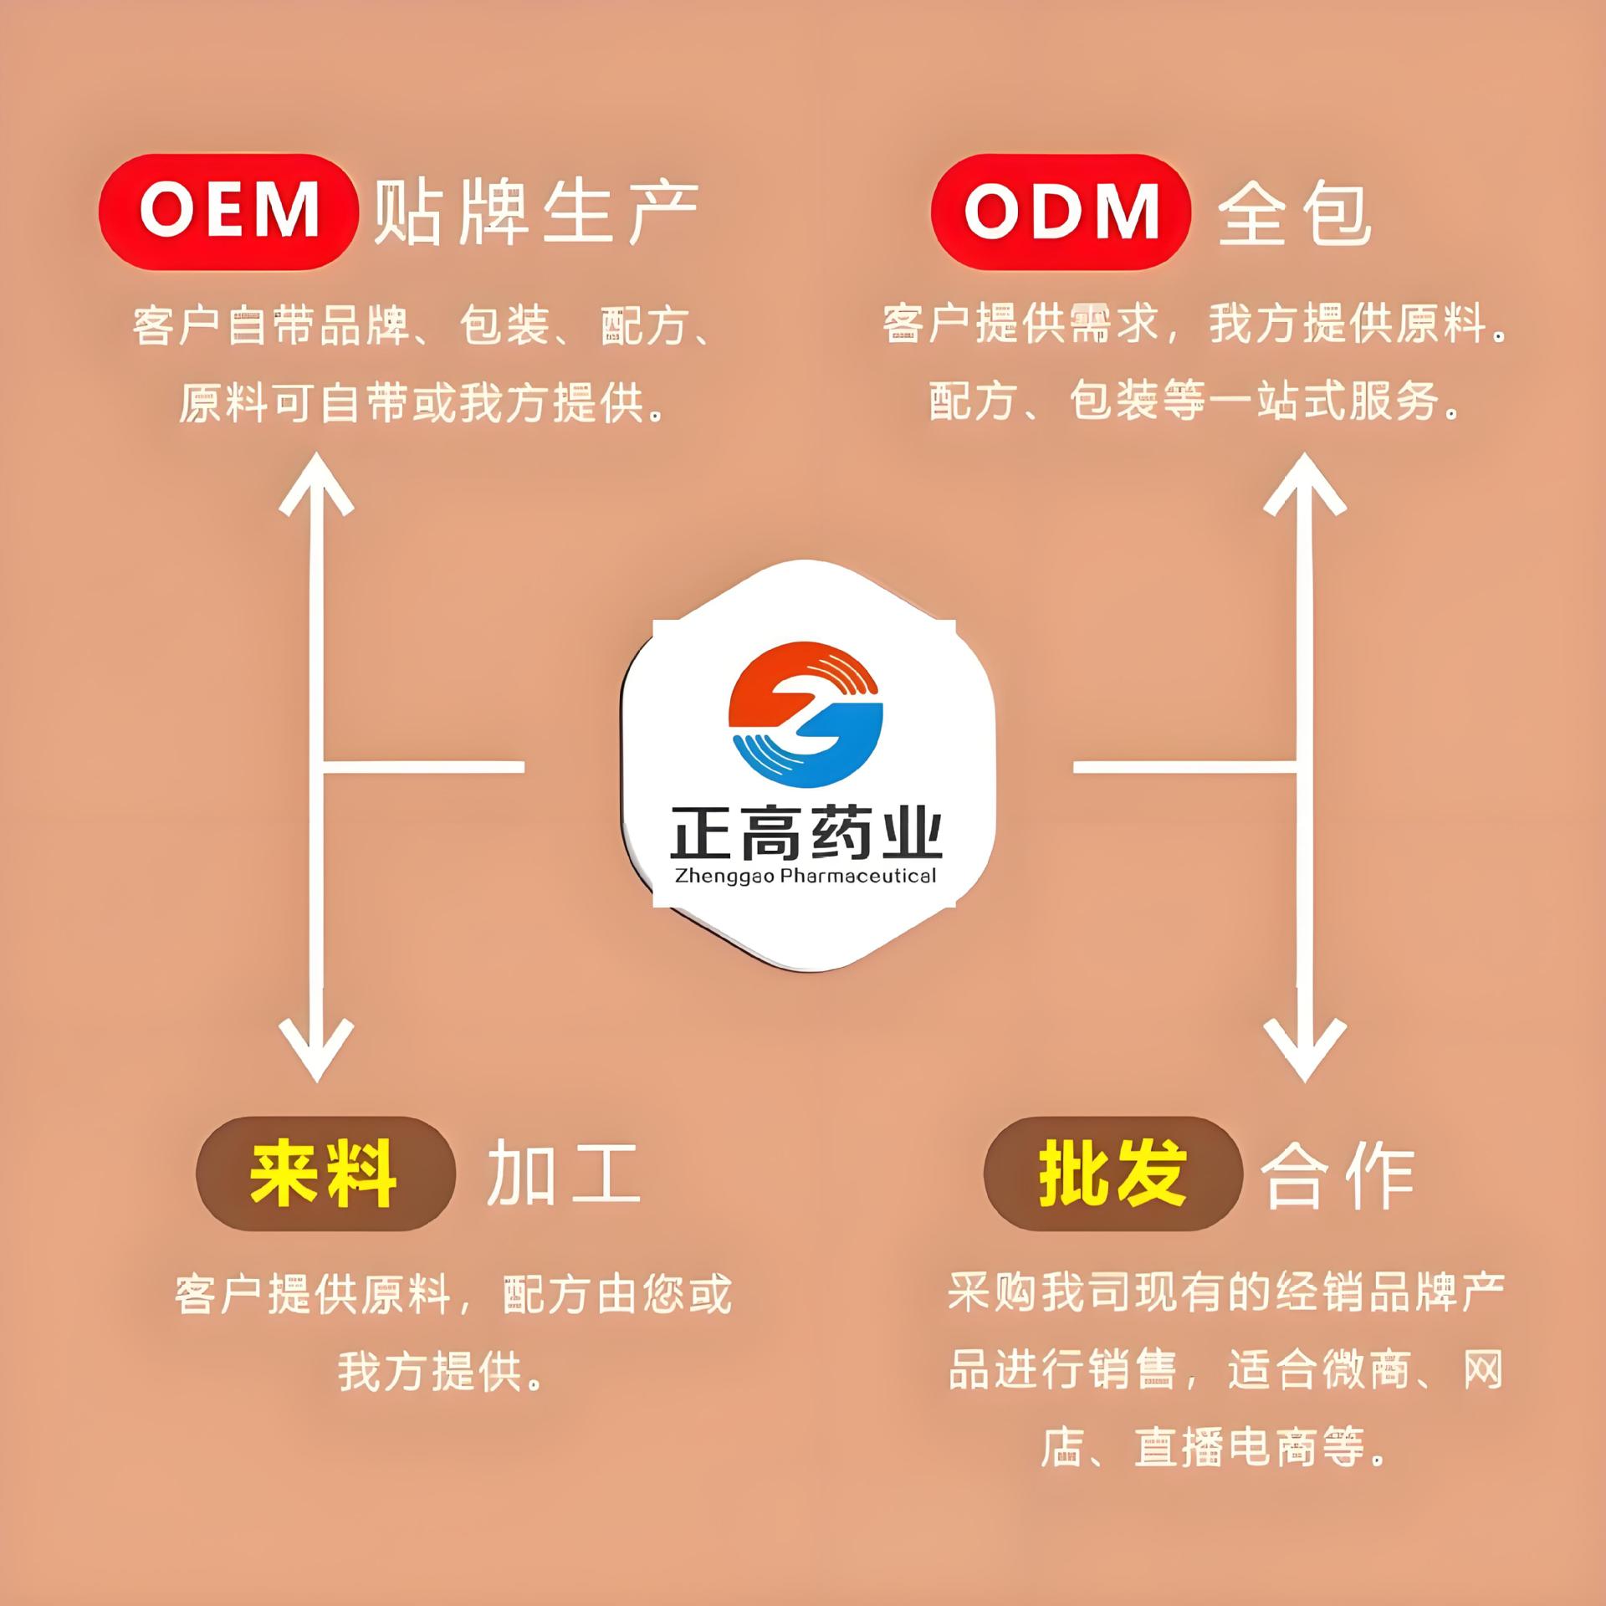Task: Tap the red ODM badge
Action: pos(1060,212)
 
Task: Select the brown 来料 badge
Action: pos(325,1174)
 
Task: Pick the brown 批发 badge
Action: pos(1112,1174)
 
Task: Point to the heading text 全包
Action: pos(1295,214)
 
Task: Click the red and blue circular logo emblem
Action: pos(806,713)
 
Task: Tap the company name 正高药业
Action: pos(806,832)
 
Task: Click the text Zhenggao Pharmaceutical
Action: pos(806,876)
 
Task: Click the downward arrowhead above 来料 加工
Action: pos(316,1050)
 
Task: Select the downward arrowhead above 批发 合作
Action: pos(1305,1050)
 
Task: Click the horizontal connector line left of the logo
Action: pos(422,766)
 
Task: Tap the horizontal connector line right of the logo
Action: pos(1184,766)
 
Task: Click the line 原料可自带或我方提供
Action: pos(422,403)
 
